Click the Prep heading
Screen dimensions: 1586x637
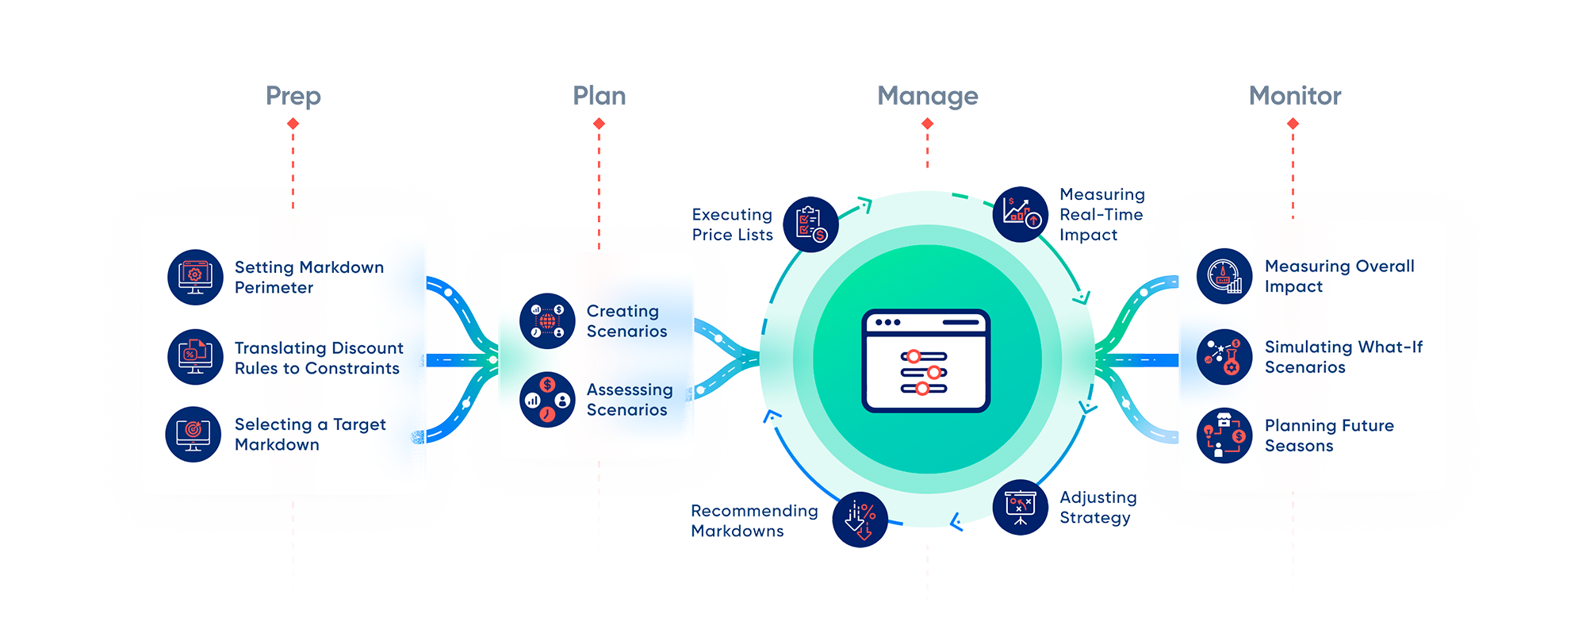(293, 97)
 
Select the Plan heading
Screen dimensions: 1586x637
(600, 96)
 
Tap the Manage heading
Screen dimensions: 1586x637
(928, 97)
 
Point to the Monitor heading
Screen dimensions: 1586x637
(1295, 96)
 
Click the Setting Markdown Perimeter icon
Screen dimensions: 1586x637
(195, 277)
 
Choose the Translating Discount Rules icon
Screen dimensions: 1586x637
(195, 357)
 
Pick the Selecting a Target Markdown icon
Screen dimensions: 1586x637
(193, 434)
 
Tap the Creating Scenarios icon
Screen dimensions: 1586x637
(547, 320)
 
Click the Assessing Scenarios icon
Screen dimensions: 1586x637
(547, 399)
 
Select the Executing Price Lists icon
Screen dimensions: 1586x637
(810, 224)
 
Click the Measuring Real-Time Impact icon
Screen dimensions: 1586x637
(1021, 214)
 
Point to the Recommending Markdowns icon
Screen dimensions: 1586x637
(860, 520)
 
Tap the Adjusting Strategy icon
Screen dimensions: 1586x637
(1021, 508)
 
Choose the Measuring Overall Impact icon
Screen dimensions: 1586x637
(1224, 276)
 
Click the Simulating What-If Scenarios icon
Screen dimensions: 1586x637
(1224, 357)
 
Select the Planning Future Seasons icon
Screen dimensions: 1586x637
(1224, 436)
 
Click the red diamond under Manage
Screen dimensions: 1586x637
(927, 124)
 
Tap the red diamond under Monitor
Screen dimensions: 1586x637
(1293, 124)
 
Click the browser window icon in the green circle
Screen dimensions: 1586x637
(926, 361)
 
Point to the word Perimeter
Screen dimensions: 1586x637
(274, 287)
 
